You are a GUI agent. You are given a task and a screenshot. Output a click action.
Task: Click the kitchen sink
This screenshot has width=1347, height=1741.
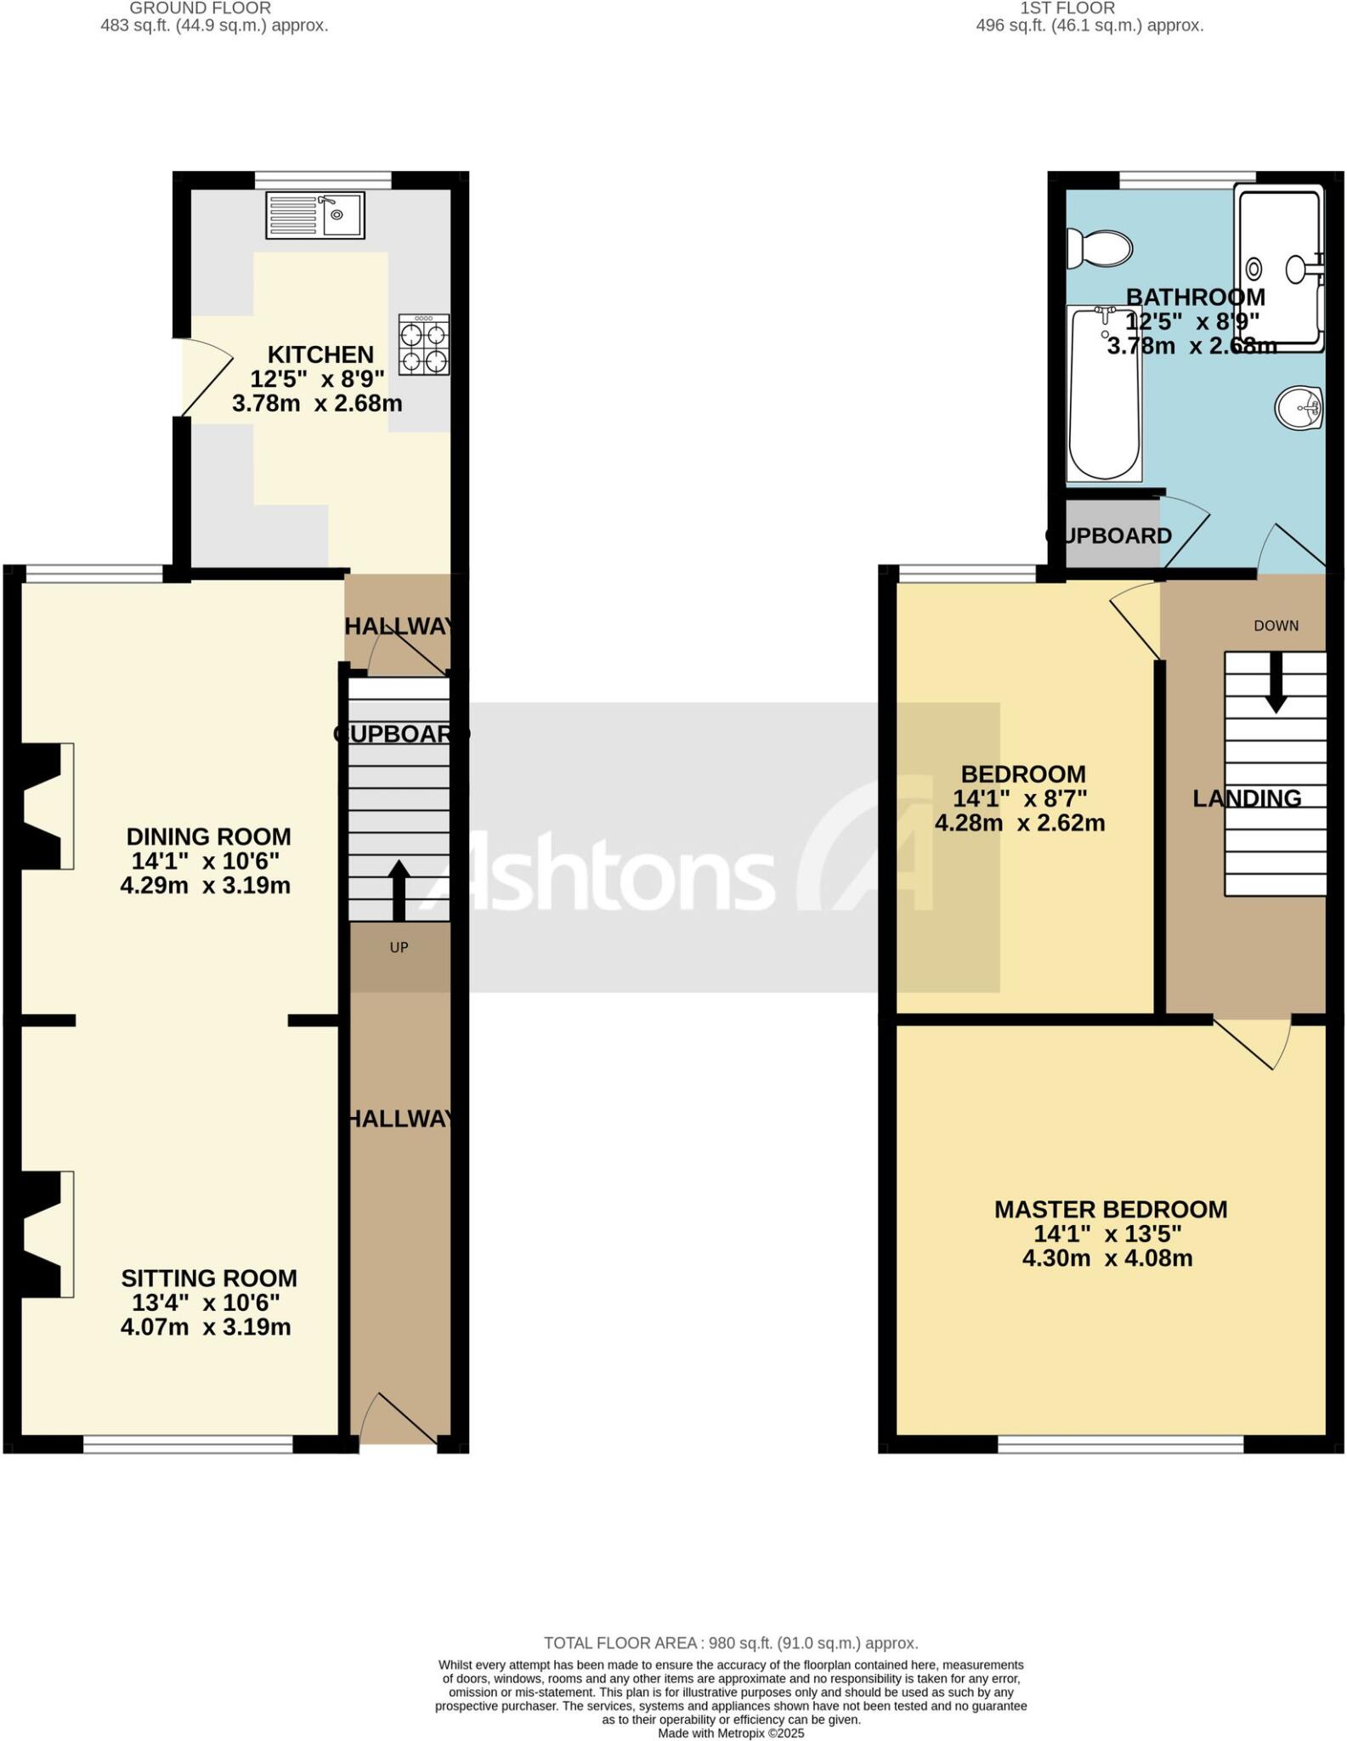(315, 214)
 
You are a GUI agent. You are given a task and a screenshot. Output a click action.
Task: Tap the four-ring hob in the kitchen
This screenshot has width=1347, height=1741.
(424, 345)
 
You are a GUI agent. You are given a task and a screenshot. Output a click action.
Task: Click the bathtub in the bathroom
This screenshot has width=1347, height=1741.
(1104, 393)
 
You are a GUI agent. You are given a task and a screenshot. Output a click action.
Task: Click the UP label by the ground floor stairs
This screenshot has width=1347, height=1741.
(399, 947)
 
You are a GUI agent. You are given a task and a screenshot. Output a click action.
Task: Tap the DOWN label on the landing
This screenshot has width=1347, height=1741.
(1276, 626)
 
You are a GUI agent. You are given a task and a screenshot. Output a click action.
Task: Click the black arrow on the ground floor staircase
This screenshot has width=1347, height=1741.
(399, 889)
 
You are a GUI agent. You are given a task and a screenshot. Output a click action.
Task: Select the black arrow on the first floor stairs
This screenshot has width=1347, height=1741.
(1275, 683)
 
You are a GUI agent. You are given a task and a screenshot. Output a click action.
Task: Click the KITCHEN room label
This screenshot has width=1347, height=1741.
(320, 354)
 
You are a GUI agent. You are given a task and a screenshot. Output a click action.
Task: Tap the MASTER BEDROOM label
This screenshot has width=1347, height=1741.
(1110, 1209)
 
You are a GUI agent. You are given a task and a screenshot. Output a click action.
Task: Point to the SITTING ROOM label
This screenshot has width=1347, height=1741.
(208, 1278)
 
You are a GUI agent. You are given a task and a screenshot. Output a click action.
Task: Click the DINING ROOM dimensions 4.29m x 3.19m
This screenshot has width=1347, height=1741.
(205, 886)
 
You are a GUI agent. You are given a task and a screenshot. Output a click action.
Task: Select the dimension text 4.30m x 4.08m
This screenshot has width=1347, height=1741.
(1106, 1258)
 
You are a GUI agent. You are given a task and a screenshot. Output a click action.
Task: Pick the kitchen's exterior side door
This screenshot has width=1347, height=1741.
(204, 377)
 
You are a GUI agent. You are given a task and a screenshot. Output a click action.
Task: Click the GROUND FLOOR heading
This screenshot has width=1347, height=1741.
(200, 8)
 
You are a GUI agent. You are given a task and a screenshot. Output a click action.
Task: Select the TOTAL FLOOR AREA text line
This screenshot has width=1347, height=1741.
(730, 1643)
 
